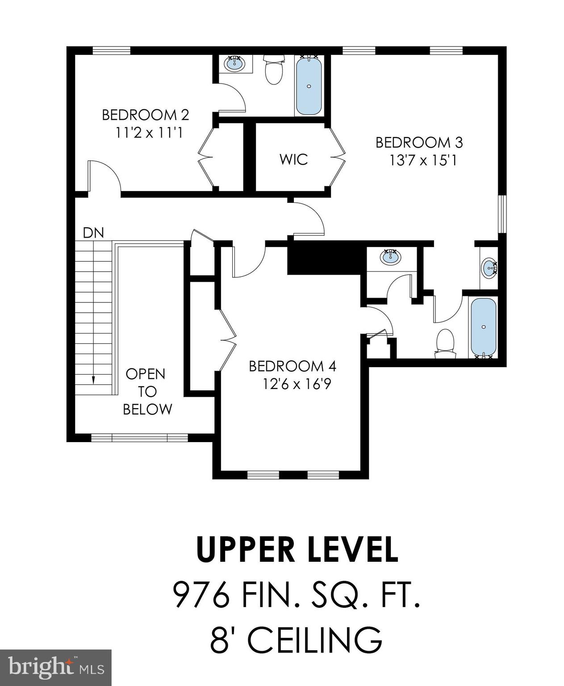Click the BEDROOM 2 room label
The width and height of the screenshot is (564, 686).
(x=146, y=115)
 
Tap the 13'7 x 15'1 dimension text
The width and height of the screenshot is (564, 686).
(x=422, y=160)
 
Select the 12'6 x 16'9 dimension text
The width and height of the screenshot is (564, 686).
(x=297, y=384)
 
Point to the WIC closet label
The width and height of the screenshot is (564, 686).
(x=294, y=159)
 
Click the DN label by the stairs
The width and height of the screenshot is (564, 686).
(x=93, y=233)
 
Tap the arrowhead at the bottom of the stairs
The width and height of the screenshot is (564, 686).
(x=93, y=380)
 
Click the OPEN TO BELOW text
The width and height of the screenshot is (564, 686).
(x=147, y=392)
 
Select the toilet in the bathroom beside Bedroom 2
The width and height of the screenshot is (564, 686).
(x=273, y=70)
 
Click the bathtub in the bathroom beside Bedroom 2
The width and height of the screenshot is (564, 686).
(x=309, y=85)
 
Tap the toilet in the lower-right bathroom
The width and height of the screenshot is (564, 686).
(x=445, y=343)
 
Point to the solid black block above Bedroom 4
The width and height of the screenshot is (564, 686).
(x=324, y=258)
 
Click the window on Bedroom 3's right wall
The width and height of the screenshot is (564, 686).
(x=502, y=214)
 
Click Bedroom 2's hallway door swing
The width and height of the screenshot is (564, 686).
(x=104, y=178)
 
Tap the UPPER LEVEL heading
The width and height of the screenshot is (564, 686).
(x=297, y=550)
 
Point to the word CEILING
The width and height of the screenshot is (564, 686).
(x=315, y=640)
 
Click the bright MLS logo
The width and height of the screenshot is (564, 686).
(x=56, y=667)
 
